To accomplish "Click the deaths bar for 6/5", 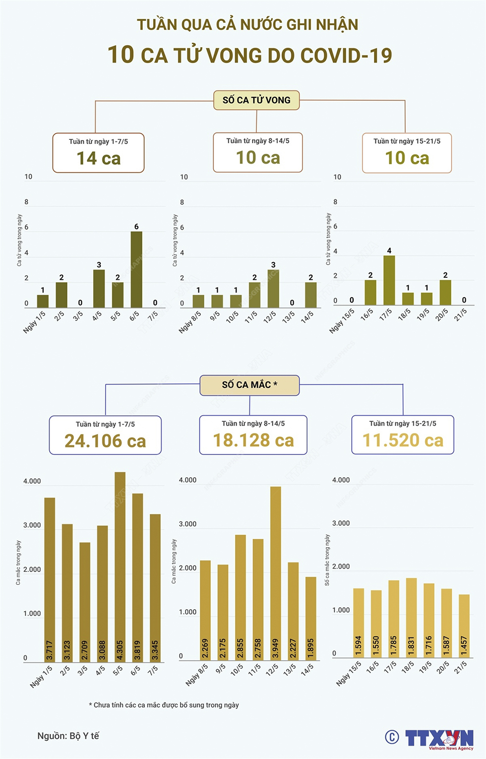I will coord(136,269).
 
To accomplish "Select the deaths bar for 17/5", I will coord(389,280).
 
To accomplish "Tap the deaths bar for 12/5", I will coord(273,289).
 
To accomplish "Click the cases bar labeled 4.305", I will coord(120,566).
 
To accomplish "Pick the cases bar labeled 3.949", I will coord(276,573).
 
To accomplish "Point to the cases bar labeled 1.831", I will coord(411,618).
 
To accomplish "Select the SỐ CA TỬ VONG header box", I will coord(256,100).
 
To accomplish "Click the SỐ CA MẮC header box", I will coord(249,385).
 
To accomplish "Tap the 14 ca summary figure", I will coord(98,158).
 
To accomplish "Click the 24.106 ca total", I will coord(105,441).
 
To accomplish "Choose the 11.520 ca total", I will coord(403,440).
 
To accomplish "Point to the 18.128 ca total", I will coord(253,440).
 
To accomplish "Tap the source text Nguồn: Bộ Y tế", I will coord(68,736).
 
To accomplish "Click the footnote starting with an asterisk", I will coord(164,705).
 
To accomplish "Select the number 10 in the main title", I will coord(121,55).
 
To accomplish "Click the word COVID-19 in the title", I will coord(346,56).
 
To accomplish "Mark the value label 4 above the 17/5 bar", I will coord(389,251).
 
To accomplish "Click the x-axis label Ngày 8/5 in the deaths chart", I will coord(190,321).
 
